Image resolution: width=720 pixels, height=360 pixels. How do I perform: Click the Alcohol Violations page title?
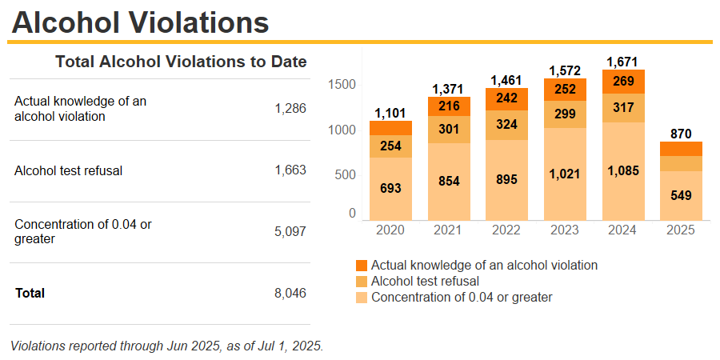140,22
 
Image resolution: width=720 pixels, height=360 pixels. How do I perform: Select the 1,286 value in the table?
290,109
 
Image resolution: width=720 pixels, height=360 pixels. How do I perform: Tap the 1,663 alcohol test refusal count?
290,170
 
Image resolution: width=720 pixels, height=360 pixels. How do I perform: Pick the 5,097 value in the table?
290,232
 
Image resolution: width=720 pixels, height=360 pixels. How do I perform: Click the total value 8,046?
290,293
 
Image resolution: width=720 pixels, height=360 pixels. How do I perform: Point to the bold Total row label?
30,293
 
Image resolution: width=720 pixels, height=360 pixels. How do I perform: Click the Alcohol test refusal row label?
69,170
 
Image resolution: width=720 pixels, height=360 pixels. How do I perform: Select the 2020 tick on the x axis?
390,230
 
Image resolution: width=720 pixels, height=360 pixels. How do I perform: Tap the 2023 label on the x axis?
565,230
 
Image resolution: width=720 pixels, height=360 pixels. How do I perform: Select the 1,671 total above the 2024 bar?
623,61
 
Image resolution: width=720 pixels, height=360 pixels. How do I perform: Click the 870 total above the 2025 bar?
682,133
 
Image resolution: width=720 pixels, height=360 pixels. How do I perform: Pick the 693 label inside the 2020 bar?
390,189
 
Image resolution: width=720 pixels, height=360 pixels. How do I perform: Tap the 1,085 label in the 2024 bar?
623,171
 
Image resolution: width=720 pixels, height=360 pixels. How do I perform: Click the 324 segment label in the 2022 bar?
507,125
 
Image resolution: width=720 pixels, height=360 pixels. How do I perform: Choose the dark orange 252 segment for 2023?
565,89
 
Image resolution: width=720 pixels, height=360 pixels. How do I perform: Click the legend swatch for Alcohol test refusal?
362,282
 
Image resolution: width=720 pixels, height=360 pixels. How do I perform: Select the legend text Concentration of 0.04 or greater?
462,298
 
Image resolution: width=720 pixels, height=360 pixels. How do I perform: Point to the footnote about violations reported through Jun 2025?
166,346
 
